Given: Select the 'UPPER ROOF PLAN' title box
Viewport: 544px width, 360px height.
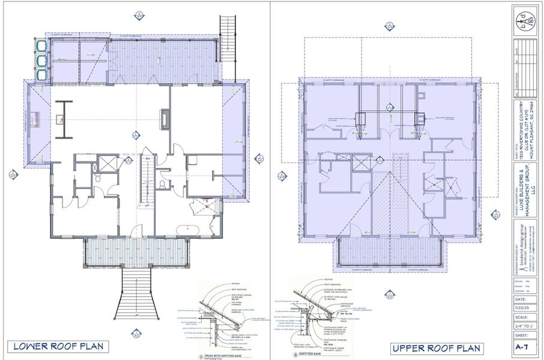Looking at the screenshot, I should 437,348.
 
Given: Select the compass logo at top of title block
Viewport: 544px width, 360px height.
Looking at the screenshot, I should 527,21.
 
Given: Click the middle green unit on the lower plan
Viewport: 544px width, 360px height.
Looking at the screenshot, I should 41,61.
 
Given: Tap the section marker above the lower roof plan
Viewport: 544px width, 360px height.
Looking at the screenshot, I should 139,14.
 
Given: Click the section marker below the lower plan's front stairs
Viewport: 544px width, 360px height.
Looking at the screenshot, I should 138,333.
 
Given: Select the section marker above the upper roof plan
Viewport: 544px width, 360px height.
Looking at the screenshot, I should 389,25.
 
